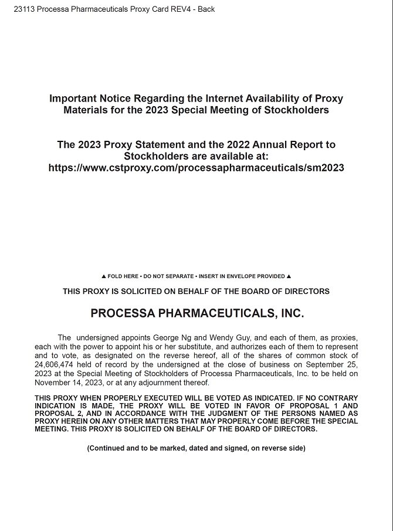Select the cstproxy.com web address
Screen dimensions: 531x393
pos(196,168)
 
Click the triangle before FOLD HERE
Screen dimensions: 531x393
pos(104,276)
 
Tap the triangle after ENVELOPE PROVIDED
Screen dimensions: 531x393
pos(289,276)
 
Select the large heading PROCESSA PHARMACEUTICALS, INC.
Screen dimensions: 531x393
pos(197,314)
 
